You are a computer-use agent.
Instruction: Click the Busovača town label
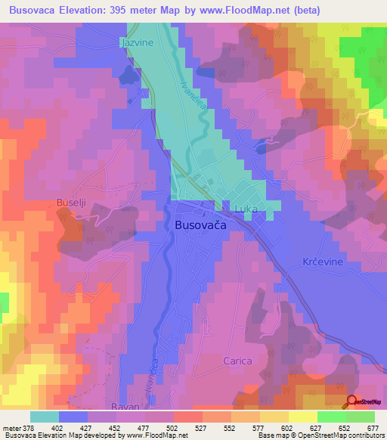pyautogui.click(x=200, y=225)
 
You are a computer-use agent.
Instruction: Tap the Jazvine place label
pyautogui.click(x=137, y=43)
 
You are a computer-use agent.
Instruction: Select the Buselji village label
pyautogui.click(x=73, y=203)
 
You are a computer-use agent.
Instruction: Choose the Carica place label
pyautogui.click(x=237, y=361)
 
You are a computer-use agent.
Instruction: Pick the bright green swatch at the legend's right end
pyautogui.click(x=361, y=417)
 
